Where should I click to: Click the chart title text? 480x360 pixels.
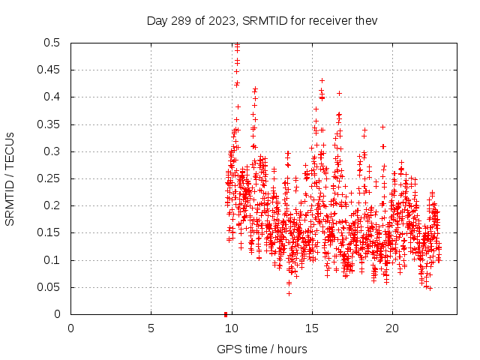[x=262, y=20]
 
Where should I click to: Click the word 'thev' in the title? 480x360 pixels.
[x=365, y=20]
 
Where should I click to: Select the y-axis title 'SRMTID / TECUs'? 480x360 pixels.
[x=10, y=179]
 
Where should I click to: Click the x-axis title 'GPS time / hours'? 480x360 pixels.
[x=262, y=349]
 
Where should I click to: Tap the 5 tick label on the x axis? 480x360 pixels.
[x=151, y=328]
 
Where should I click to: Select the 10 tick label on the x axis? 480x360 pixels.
[x=231, y=328]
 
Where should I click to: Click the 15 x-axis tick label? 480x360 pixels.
[x=311, y=328]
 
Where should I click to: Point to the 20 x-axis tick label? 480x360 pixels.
[x=391, y=328]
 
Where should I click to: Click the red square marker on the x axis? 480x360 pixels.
[x=226, y=313]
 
